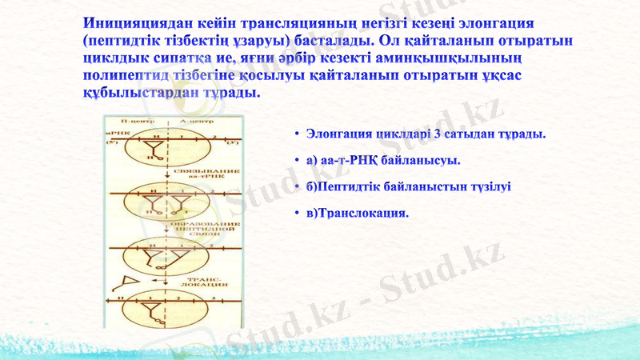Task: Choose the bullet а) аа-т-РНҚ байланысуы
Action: click(382, 161)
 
